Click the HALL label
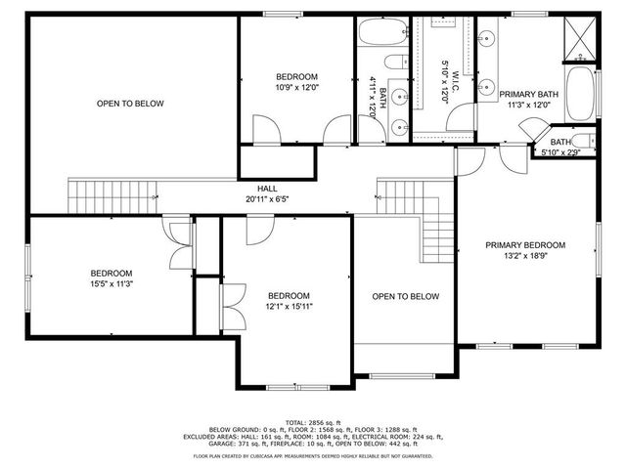point(267,189)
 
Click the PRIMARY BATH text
point(529,95)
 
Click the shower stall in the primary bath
point(579,39)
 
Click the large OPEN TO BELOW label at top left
point(129,104)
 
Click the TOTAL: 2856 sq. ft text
point(313,420)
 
